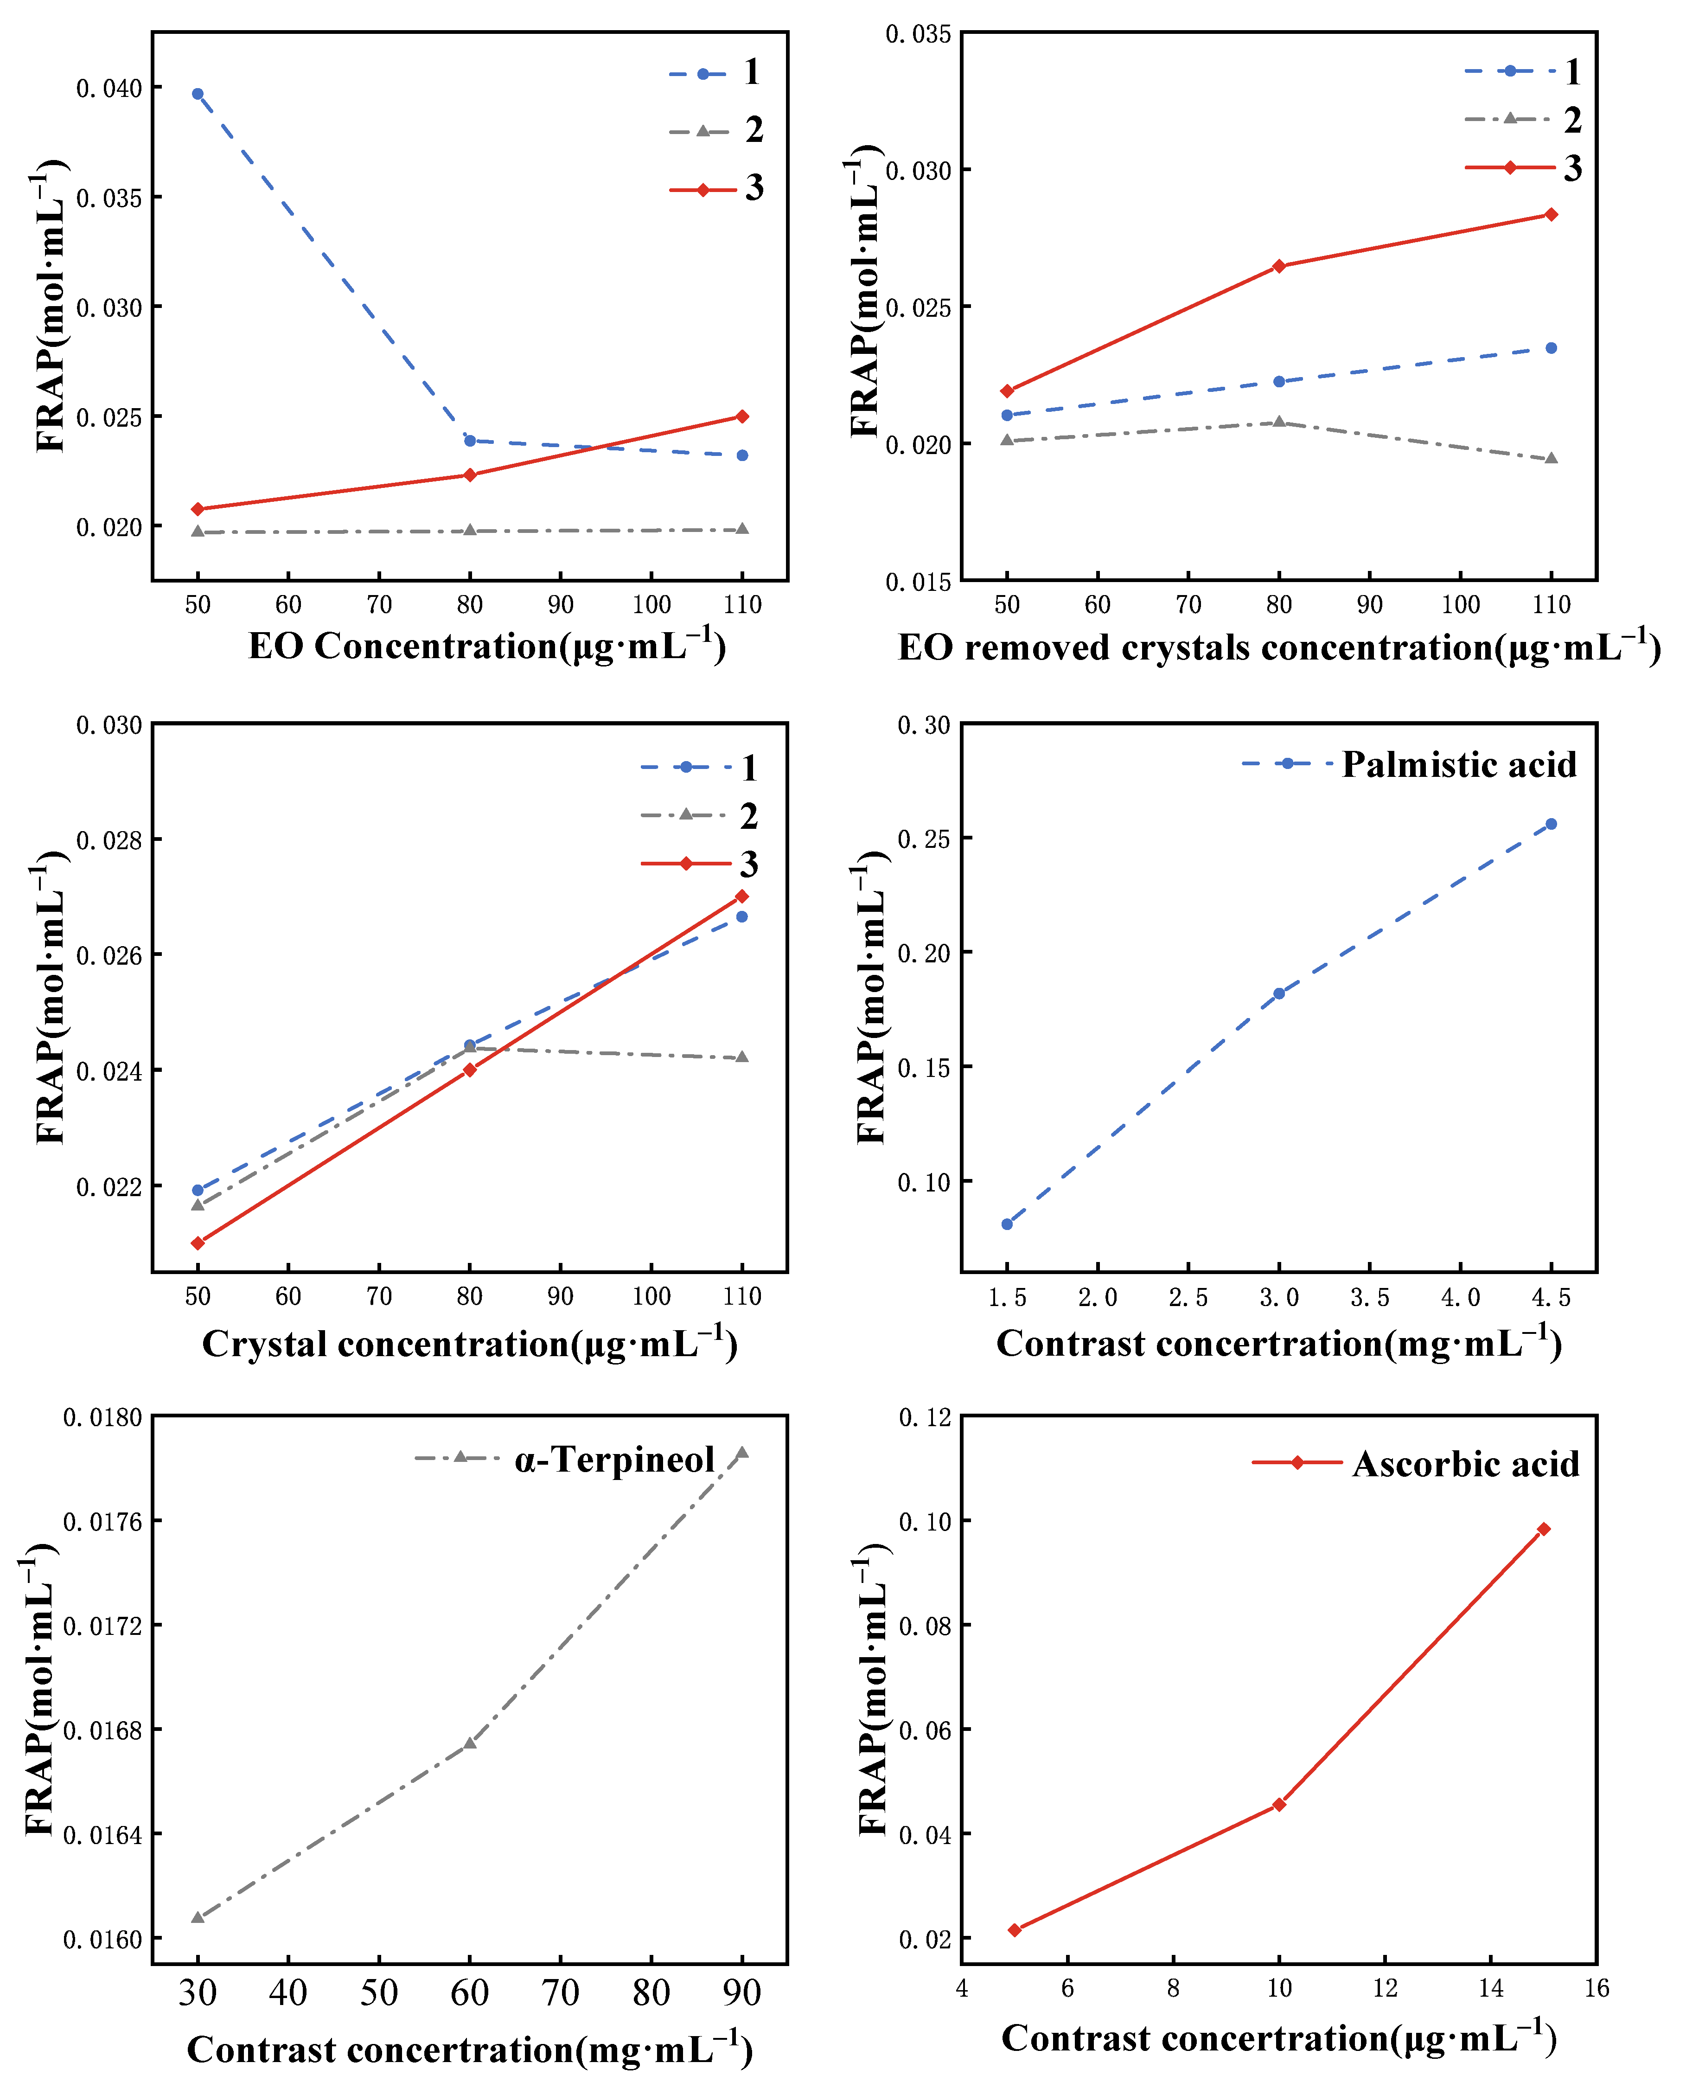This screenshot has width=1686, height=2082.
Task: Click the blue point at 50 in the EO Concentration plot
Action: coord(197,94)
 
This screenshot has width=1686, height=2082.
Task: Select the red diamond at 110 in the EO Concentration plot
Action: coord(742,417)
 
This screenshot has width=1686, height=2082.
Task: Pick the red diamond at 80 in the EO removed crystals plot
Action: coord(1279,266)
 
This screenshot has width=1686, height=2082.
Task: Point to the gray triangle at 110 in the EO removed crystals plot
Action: coord(1551,459)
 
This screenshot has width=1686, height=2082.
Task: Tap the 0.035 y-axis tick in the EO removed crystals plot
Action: coord(918,35)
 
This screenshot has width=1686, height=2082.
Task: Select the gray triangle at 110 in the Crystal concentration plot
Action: coord(742,1057)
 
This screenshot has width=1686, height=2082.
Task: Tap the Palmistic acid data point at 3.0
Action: coord(1279,994)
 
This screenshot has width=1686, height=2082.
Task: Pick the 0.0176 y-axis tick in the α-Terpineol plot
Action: coord(102,1522)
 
